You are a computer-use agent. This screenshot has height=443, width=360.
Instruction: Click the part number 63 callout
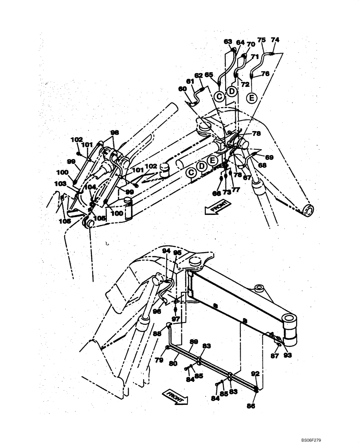pos(228,42)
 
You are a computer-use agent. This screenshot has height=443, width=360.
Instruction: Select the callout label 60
pos(182,89)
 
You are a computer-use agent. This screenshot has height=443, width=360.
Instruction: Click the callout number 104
pos(90,187)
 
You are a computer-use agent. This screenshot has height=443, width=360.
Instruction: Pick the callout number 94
pos(166,251)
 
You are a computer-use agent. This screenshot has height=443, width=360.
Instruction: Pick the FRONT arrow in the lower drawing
pos(176,396)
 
